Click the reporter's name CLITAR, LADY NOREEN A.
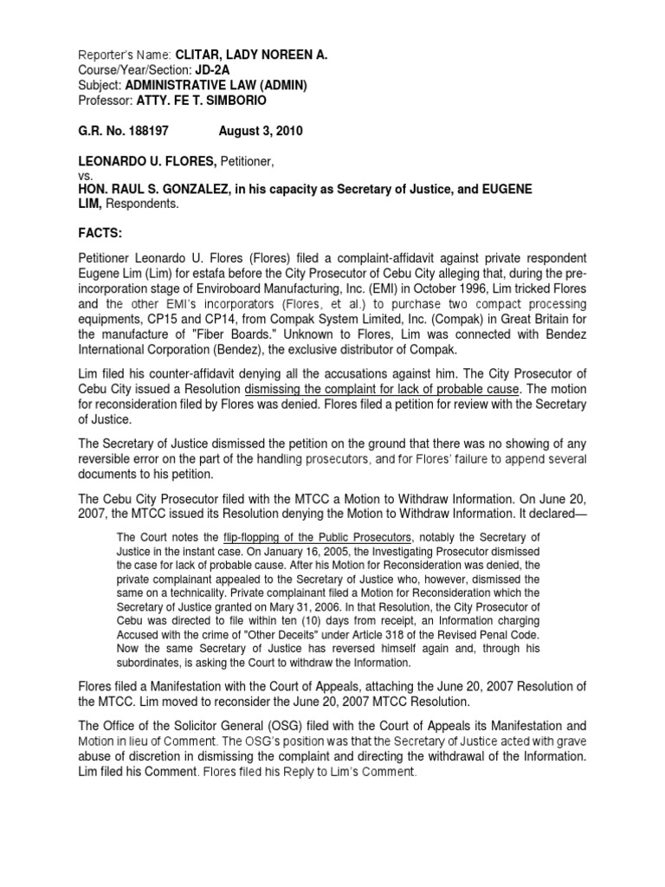(252, 55)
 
